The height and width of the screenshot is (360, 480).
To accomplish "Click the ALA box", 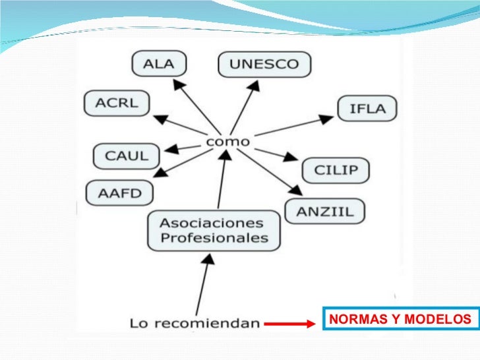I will [x=159, y=64].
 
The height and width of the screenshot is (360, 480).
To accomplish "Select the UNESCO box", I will [x=264, y=64].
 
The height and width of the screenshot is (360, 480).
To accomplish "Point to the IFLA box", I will [x=367, y=108].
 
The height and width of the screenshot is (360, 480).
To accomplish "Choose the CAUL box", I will [x=127, y=156].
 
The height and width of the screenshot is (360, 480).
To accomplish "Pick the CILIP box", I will [x=336, y=170].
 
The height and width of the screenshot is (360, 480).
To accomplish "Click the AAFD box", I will [x=119, y=193].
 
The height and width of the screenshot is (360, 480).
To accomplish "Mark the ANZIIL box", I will [x=324, y=211].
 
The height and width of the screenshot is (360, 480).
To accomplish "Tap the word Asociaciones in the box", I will [x=212, y=222].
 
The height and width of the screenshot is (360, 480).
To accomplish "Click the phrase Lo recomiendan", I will [x=193, y=323].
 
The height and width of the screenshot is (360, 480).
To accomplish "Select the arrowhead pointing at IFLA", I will [x=326, y=119].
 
